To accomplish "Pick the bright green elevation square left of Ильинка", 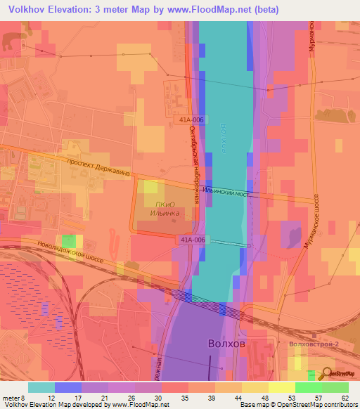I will click(68, 242).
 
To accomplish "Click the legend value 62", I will click(344, 397).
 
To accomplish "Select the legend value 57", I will click(317, 397).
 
